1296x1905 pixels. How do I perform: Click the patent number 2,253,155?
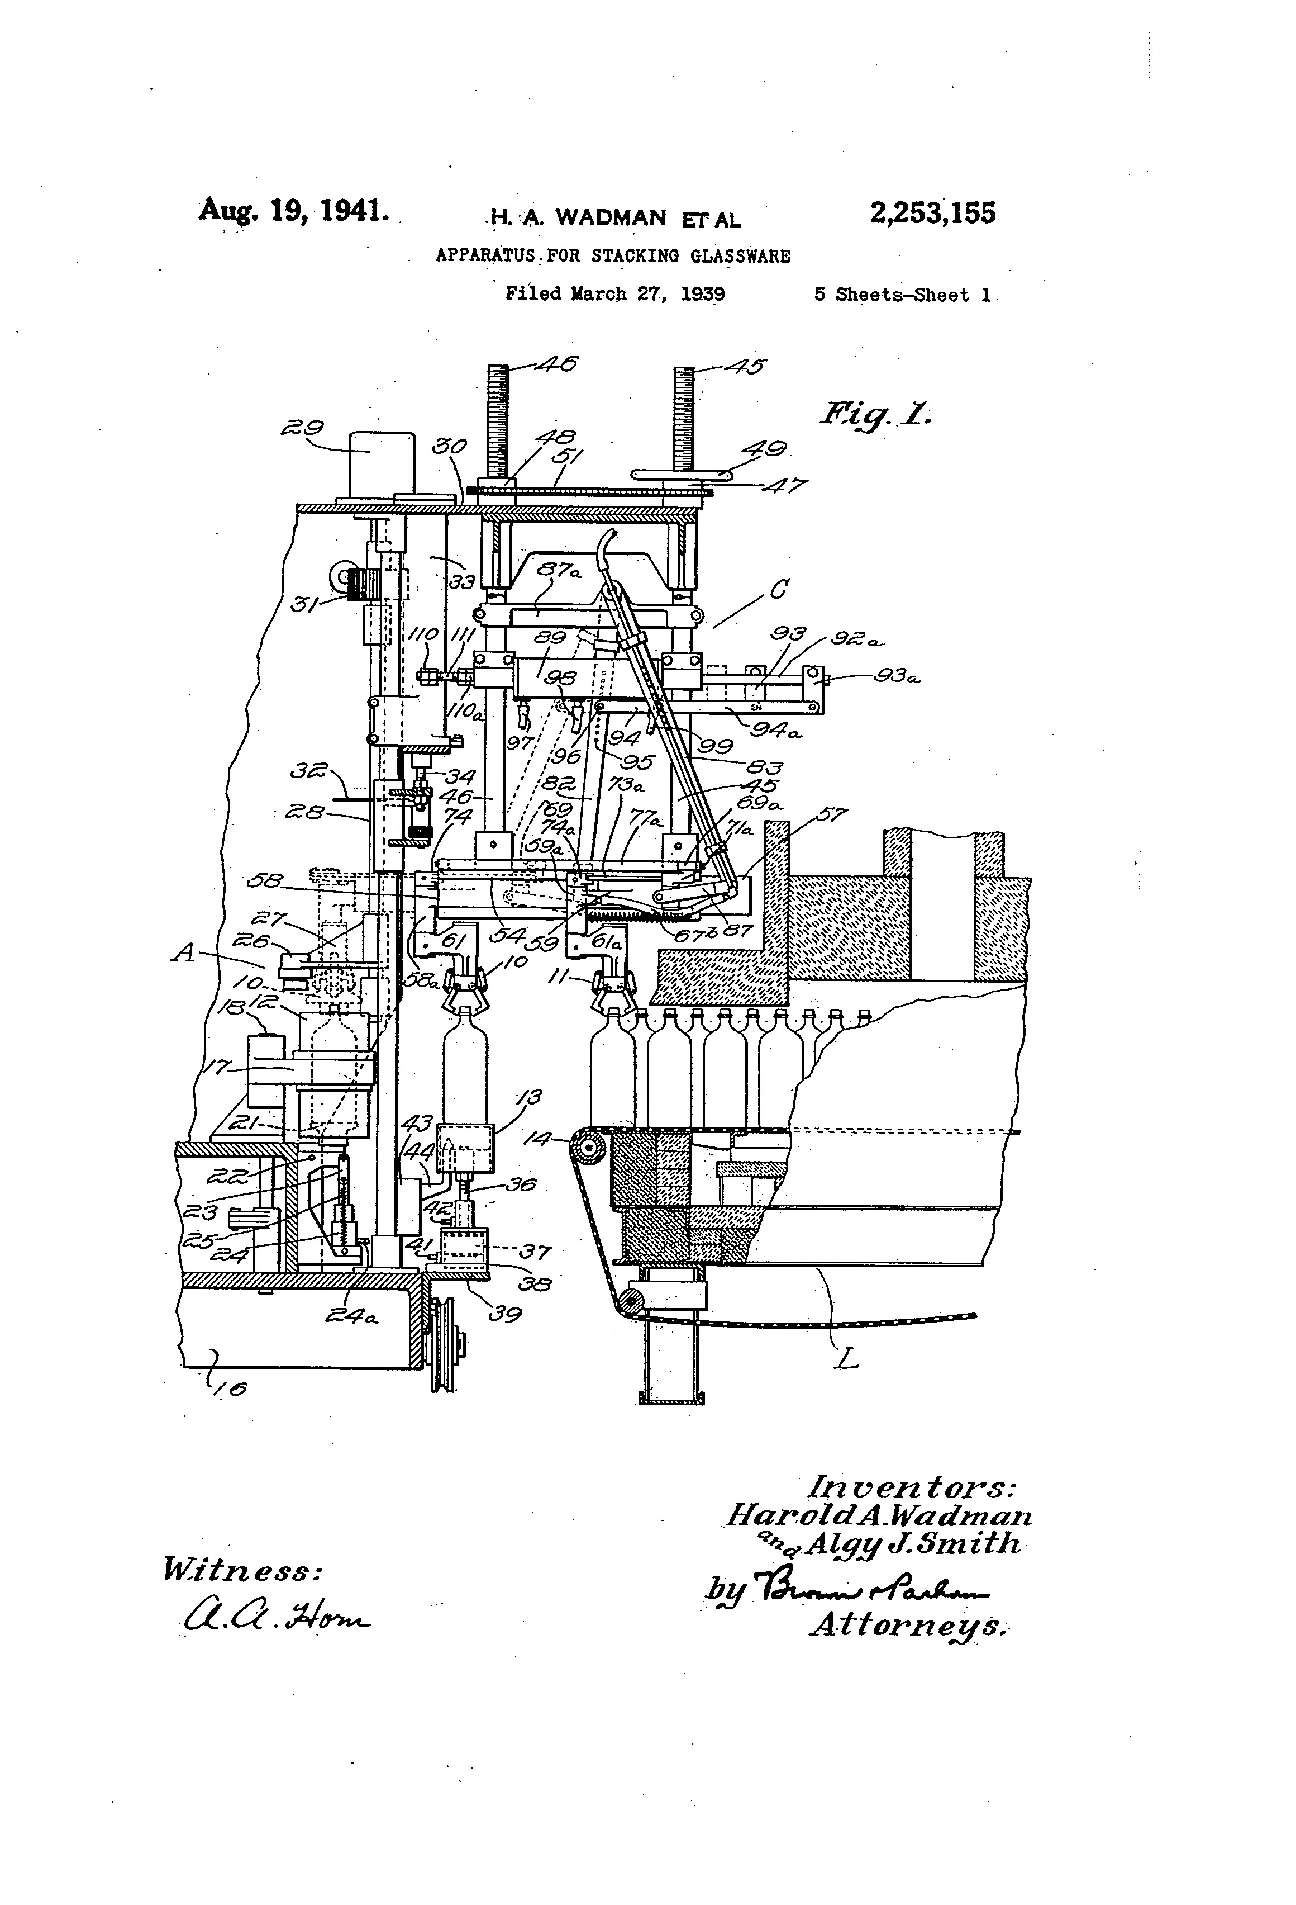[x=932, y=214]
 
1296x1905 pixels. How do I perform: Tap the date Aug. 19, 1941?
[x=293, y=211]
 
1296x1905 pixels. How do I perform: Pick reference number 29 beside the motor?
[x=302, y=428]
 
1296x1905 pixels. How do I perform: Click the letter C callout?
[x=779, y=589]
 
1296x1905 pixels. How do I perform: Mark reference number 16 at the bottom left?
[x=232, y=1388]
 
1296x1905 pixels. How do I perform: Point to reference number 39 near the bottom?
[x=506, y=1314]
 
